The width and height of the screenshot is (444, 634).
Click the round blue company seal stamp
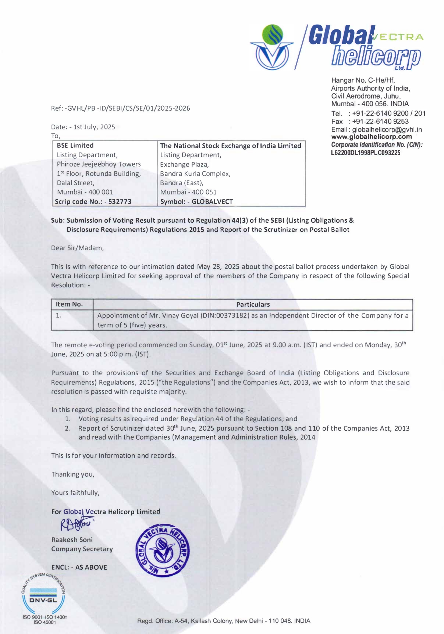[x=163, y=550]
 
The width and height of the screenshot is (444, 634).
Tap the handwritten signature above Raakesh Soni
[x=76, y=524]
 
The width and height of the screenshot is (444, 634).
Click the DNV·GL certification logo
[x=43, y=594]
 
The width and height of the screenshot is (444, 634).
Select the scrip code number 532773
[x=120, y=201]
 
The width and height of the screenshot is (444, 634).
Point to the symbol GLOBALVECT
[x=212, y=201]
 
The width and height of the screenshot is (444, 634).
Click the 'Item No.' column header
[x=69, y=304]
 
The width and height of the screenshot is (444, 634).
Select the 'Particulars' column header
[x=253, y=304]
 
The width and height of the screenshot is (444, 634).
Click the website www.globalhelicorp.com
[x=372, y=137]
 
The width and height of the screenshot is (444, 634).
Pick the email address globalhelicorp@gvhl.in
[x=387, y=129]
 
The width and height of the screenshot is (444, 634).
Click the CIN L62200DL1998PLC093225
[x=366, y=153]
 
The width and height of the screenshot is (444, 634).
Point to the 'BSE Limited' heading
[x=75, y=146]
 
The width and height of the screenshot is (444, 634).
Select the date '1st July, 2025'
[x=94, y=127]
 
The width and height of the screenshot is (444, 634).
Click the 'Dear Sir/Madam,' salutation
[x=78, y=248]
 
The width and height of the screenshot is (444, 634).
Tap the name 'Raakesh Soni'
[x=72, y=540]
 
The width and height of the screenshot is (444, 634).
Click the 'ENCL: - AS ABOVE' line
[x=79, y=567]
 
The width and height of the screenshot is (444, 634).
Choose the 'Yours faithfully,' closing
[x=75, y=492]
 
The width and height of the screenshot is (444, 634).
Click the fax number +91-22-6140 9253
[x=380, y=121]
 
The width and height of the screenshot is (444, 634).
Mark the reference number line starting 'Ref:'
[x=121, y=108]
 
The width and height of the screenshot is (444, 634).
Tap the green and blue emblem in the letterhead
[x=273, y=47]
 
